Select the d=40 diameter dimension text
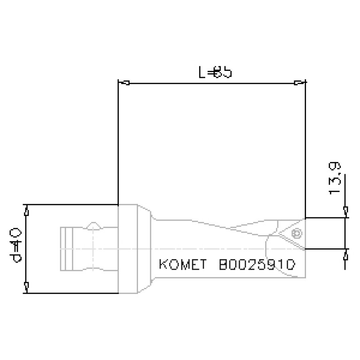(x=14, y=245)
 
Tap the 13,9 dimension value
(x=335, y=178)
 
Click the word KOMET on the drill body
(x=183, y=265)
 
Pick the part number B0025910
(x=257, y=265)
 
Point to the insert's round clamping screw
(x=296, y=233)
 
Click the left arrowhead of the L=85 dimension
(x=124, y=83)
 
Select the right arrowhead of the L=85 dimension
(x=299, y=83)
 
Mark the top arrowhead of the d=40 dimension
(x=27, y=212)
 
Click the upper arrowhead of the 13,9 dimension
(x=345, y=210)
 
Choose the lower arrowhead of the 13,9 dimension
(x=345, y=255)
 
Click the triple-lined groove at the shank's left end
(x=67, y=248)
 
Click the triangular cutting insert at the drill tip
(x=291, y=235)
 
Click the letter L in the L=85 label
(x=202, y=73)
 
